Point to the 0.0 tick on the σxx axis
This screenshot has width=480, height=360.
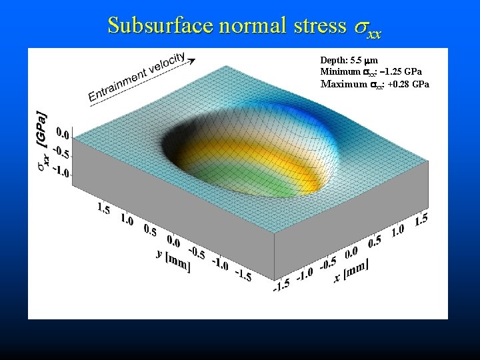65,132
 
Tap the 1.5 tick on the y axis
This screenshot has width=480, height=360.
104,209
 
